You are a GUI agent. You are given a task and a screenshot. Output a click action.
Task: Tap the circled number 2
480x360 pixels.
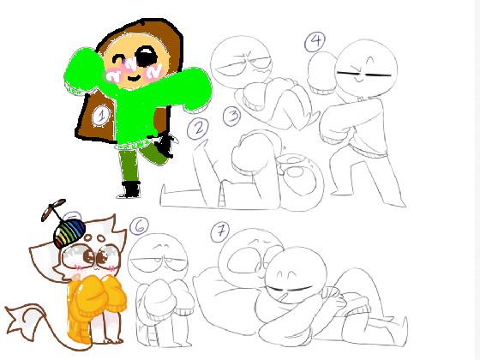click(x=198, y=129)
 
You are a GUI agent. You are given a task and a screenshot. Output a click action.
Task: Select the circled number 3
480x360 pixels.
click(x=232, y=116)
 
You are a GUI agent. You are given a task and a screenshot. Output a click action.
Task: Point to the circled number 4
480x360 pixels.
click(x=315, y=42)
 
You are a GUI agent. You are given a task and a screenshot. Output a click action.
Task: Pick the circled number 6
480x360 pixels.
click(x=139, y=226)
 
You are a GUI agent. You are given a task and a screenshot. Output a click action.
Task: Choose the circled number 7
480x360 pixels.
click(x=220, y=231)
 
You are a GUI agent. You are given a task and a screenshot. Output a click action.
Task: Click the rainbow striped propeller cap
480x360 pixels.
click(x=69, y=233)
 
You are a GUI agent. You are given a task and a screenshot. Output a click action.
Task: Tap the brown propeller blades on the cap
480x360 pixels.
click(x=53, y=209)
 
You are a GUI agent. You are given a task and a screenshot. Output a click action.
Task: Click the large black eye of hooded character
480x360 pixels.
click(x=147, y=57)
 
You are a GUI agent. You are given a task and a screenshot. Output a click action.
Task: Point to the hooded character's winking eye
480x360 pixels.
click(x=118, y=59)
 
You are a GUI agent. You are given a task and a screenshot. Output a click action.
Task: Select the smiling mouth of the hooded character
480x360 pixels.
click(x=134, y=77)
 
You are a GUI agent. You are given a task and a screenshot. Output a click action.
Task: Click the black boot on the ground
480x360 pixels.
click(x=130, y=189)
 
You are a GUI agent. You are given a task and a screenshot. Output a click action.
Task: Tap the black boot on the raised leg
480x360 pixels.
click(x=165, y=144)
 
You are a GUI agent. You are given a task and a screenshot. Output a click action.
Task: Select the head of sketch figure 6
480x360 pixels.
click(x=158, y=258)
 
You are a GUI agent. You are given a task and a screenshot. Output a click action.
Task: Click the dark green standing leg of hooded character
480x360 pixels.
click(x=129, y=166)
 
